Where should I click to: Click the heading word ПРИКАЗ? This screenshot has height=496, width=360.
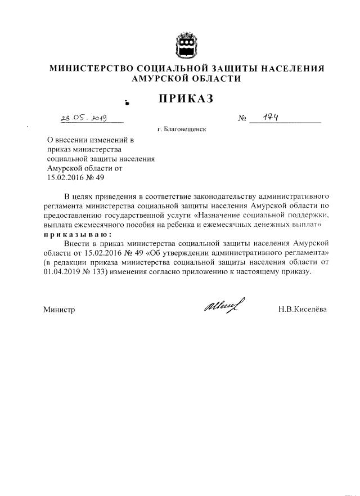(x=186, y=99)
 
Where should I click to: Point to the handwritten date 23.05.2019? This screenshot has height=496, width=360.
(x=83, y=118)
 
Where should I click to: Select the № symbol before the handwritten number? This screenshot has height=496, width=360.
(x=243, y=119)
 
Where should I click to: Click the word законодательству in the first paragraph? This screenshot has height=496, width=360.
(x=225, y=196)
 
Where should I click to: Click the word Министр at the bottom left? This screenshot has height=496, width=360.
(x=59, y=310)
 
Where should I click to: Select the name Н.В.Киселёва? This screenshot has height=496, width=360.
(x=302, y=310)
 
